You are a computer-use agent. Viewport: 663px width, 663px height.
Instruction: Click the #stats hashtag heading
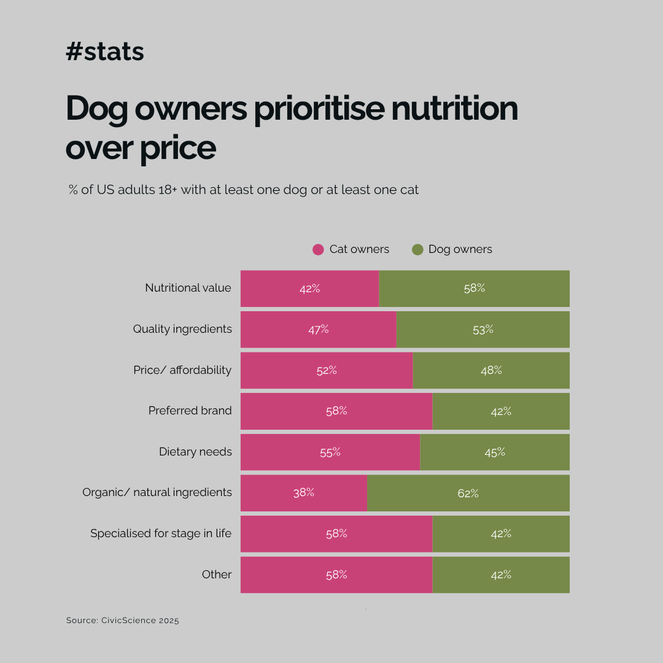pyautogui.click(x=105, y=52)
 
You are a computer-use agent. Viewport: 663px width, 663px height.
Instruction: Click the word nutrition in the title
pyautogui.click(x=454, y=108)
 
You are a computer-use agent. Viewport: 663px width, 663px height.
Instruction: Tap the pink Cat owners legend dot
pyautogui.click(x=318, y=249)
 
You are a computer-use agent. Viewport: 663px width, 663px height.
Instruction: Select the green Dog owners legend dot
pyautogui.click(x=417, y=249)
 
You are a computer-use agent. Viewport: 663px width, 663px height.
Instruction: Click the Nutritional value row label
pyautogui.click(x=188, y=288)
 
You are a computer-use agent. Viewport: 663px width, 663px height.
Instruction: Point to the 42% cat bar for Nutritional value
pyautogui.click(x=310, y=289)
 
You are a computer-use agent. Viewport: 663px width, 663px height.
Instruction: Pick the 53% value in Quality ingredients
pyautogui.click(x=483, y=330)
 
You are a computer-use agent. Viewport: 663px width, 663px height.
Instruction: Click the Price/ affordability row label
pyautogui.click(x=182, y=370)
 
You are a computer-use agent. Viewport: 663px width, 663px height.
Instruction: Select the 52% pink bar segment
pyautogui.click(x=327, y=370)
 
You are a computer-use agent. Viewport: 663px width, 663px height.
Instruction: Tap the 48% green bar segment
pyautogui.click(x=491, y=370)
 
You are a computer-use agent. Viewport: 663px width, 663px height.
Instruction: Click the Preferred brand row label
pyautogui.click(x=190, y=411)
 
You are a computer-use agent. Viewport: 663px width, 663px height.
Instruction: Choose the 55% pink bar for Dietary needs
pyautogui.click(x=330, y=452)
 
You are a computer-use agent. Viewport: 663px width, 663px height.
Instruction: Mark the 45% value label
pyautogui.click(x=495, y=452)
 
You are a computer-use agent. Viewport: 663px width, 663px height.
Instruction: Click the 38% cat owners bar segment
pyautogui.click(x=304, y=493)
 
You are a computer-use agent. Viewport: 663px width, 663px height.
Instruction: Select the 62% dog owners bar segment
pyautogui.click(x=468, y=493)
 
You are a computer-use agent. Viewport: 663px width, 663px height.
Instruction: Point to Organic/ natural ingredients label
pyautogui.click(x=157, y=492)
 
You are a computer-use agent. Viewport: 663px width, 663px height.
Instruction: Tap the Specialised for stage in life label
pyautogui.click(x=161, y=533)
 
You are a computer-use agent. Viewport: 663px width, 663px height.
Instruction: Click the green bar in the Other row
pyautogui.click(x=501, y=575)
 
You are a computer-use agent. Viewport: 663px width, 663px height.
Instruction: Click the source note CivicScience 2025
pyautogui.click(x=123, y=620)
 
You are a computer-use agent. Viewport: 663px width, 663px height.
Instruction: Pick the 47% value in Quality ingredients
pyautogui.click(x=319, y=330)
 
